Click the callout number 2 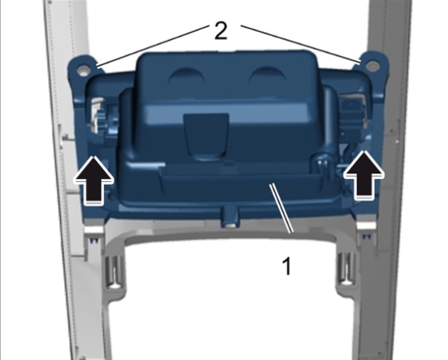[220, 31]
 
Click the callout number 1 [286, 266]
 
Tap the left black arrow [93, 180]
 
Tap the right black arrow [363, 174]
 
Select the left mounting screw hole [83, 71]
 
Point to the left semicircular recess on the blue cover [187, 76]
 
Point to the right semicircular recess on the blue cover [267, 74]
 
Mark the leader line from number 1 [281, 209]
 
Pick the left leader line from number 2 [152, 47]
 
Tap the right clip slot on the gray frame [345, 268]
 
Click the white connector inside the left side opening [96, 114]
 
